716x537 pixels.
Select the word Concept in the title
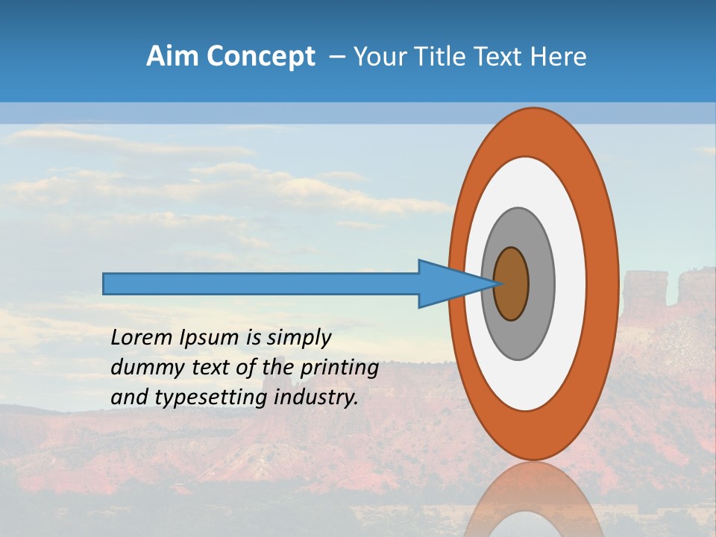(260, 57)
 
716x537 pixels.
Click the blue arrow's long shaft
(261, 283)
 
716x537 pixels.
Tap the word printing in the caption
(339, 368)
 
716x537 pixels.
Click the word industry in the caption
(316, 398)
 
